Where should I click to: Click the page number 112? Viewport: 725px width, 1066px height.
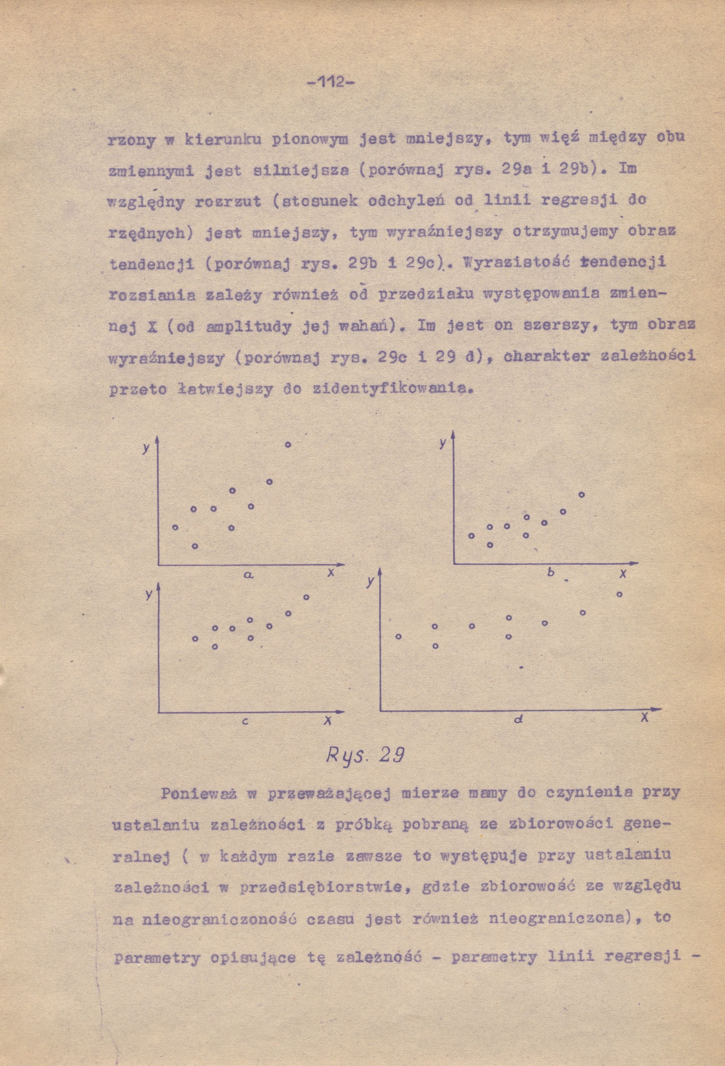pos(330,83)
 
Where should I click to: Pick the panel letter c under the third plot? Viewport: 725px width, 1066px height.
pos(245,721)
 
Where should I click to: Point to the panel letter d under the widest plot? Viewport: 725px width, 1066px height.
pos(519,719)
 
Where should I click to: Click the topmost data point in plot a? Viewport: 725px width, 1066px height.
pos(288,444)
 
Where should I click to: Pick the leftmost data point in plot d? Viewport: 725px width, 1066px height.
pos(399,636)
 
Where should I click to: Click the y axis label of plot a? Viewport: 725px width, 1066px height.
pos(146,449)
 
